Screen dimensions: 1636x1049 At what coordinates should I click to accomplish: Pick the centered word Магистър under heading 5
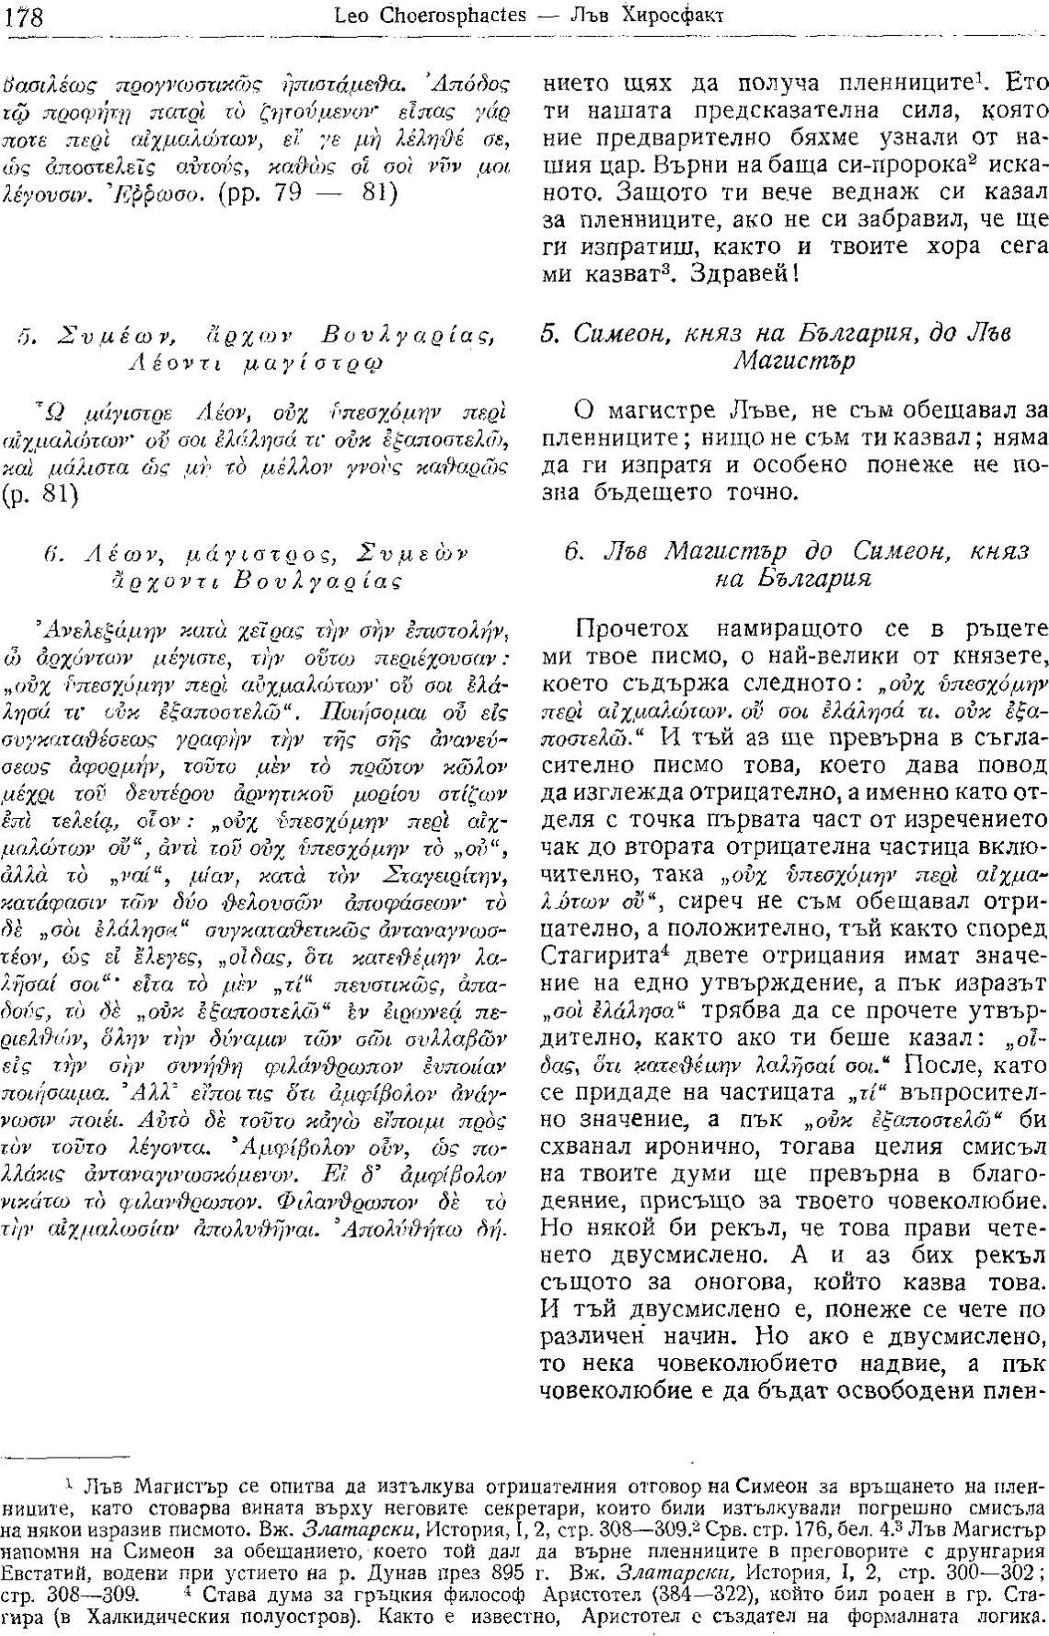point(794,361)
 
